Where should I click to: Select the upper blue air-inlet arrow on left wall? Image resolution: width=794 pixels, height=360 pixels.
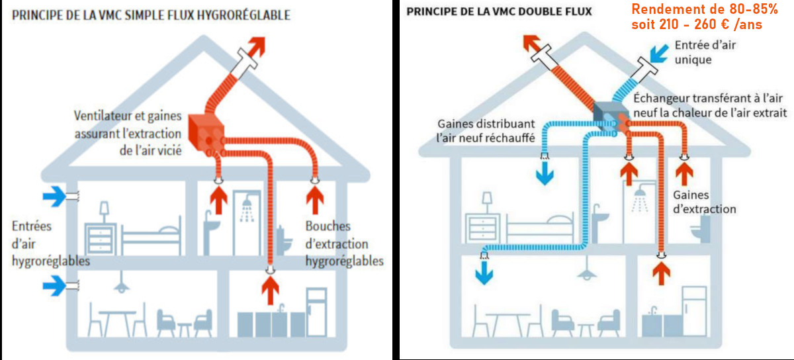(x=55, y=195)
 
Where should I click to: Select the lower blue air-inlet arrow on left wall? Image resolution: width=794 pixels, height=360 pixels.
(x=55, y=286)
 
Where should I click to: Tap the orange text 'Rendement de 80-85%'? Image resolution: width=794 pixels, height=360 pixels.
(x=703, y=9)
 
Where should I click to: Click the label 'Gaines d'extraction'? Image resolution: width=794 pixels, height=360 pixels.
(x=704, y=202)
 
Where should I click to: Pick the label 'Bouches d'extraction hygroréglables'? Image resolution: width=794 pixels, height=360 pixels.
(x=343, y=243)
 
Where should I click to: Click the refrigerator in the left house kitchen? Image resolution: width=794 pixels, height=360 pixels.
(x=316, y=311)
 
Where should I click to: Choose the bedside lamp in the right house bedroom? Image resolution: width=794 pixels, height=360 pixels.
(x=487, y=200)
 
